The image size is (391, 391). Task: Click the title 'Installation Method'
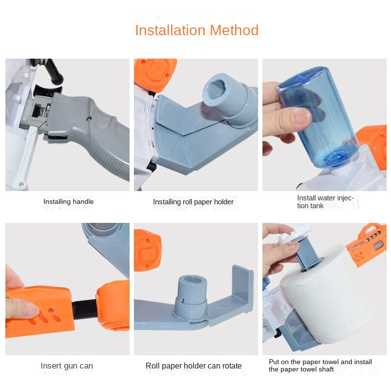click(197, 30)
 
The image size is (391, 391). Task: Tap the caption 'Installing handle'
click(68, 201)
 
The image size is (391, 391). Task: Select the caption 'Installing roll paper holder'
click(193, 202)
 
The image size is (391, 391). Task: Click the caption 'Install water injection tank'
click(326, 202)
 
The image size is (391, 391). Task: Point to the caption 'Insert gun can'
click(67, 366)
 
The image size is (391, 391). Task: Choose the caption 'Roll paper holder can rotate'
click(194, 366)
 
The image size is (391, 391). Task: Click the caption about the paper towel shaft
click(320, 365)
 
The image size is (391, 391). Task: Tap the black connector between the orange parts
click(84, 309)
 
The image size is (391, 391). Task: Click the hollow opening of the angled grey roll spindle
click(216, 88)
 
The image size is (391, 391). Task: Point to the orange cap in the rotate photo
click(148, 250)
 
